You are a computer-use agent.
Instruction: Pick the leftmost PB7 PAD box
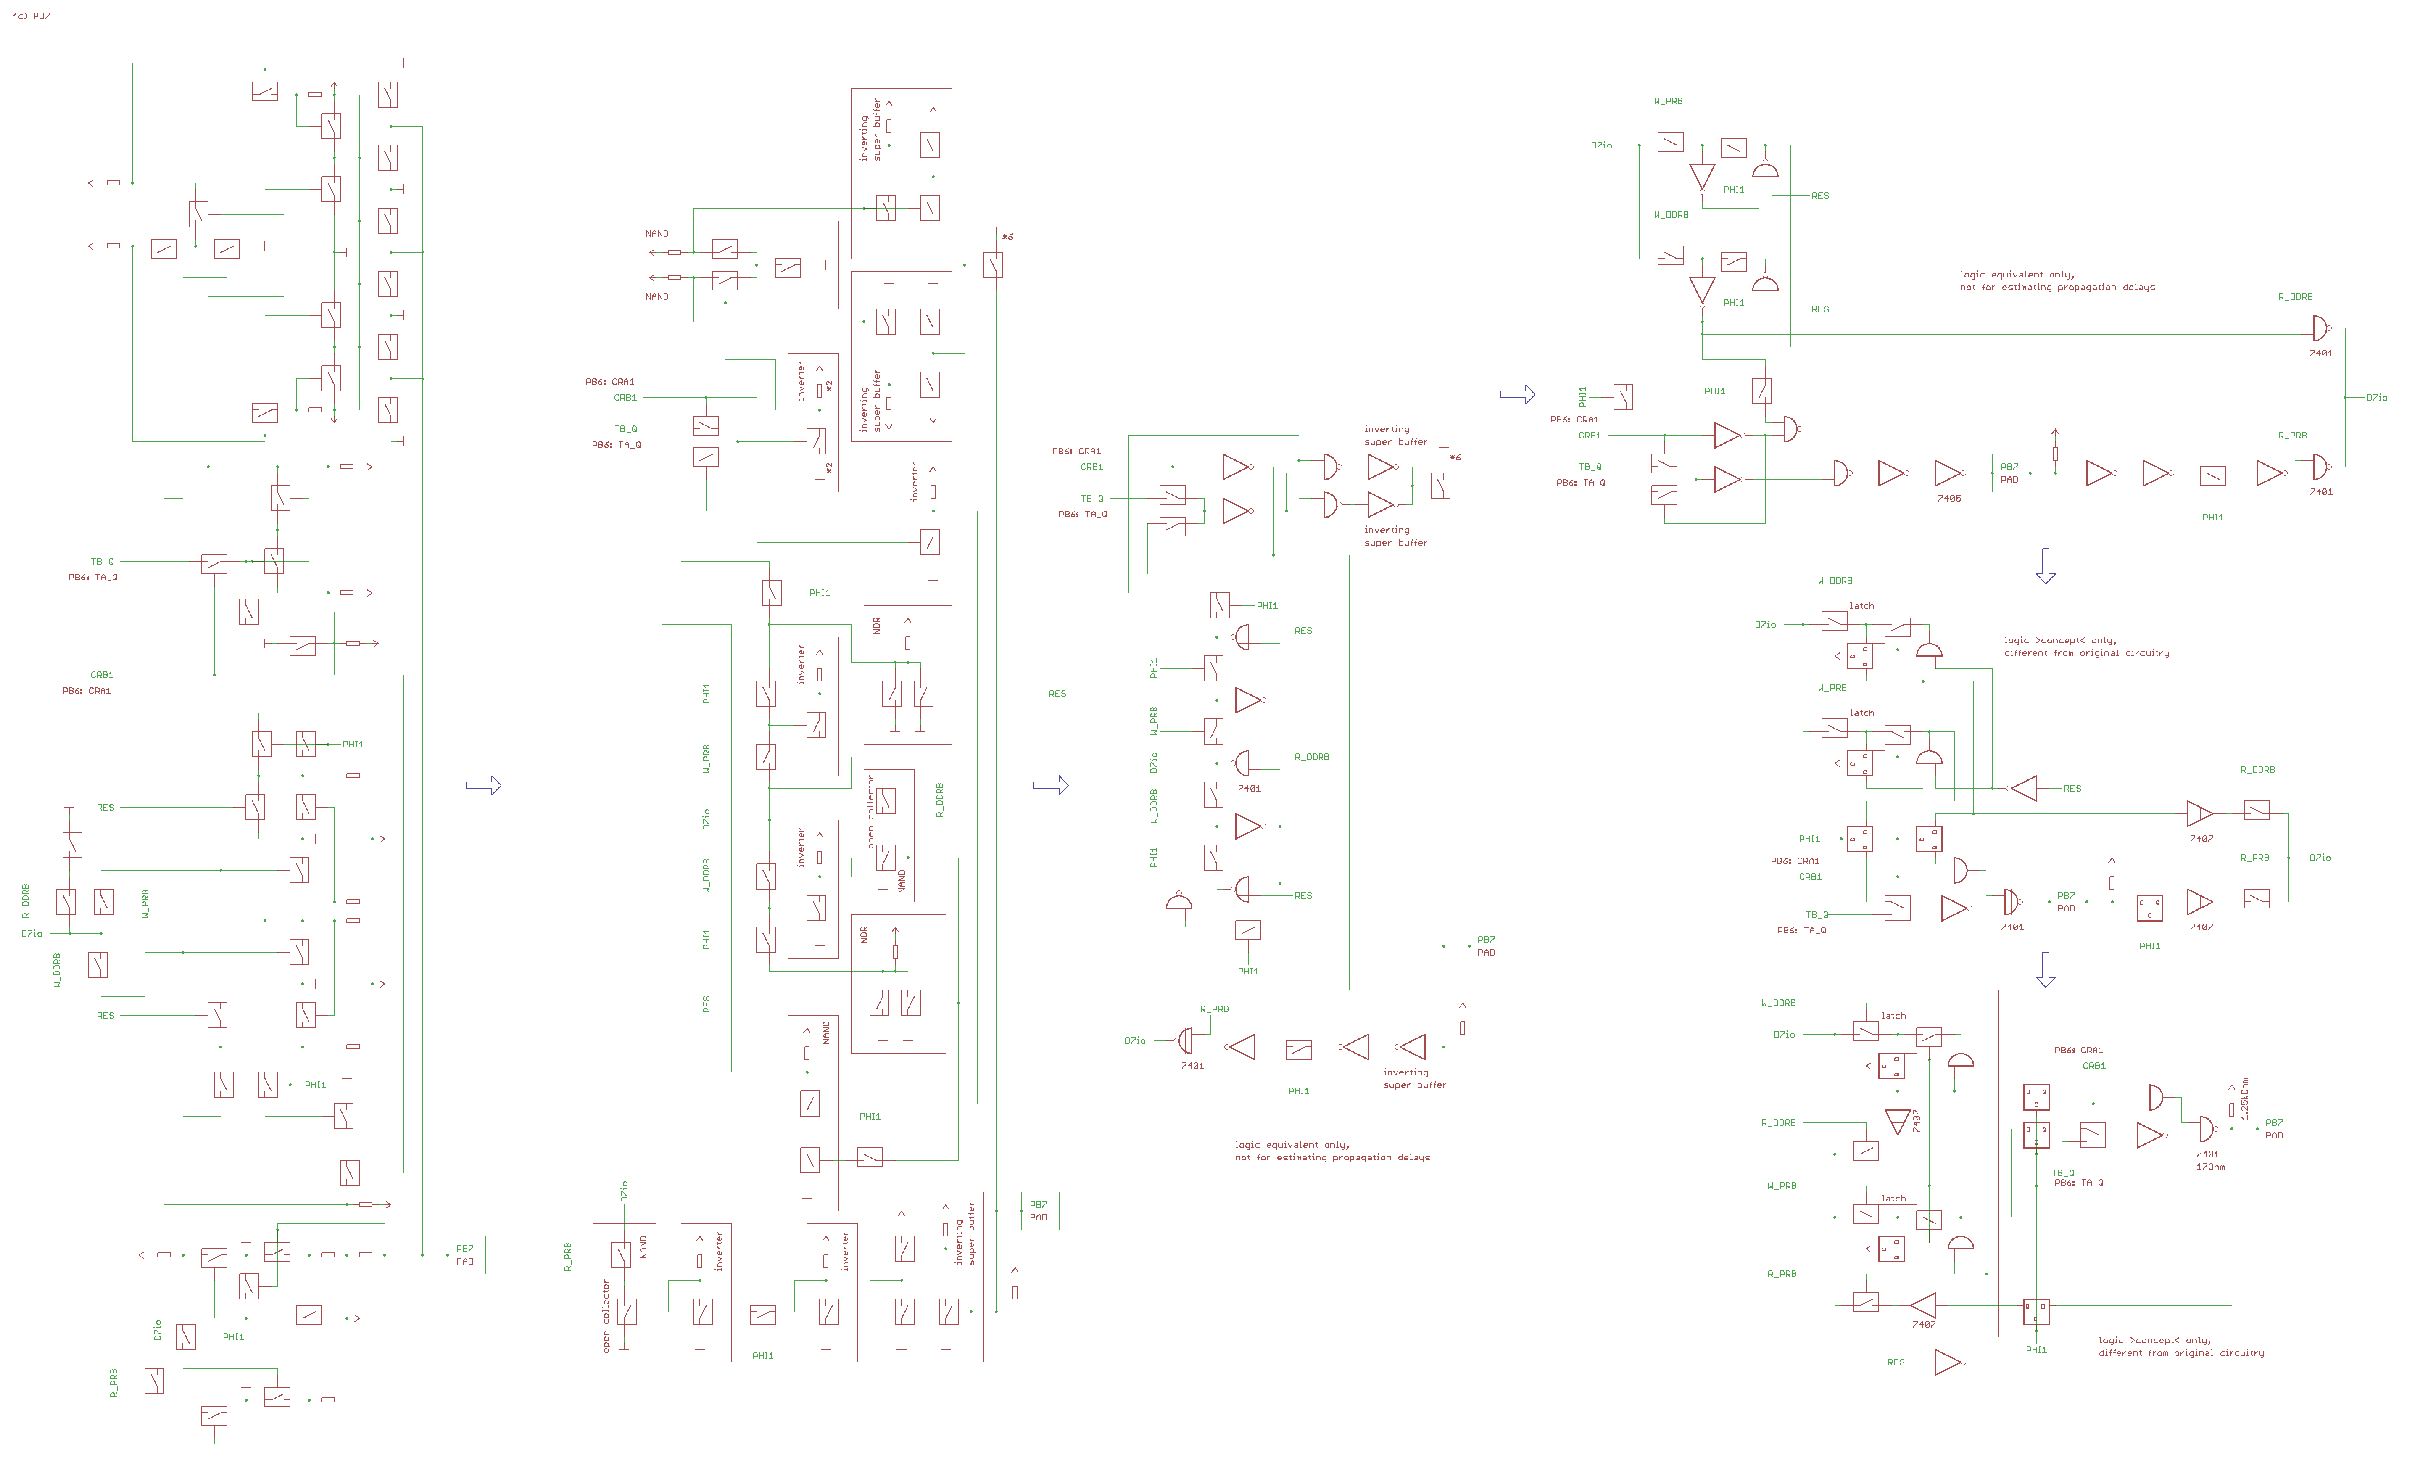tap(466, 1254)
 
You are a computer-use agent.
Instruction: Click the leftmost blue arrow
tap(483, 785)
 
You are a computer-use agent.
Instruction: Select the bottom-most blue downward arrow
tap(2046, 968)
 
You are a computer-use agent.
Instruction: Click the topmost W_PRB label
tap(1668, 101)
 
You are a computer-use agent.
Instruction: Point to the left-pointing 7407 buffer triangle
tap(1923, 1305)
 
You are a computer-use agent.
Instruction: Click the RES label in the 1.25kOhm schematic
tap(1896, 1362)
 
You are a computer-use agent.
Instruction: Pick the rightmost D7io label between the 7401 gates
tap(2377, 398)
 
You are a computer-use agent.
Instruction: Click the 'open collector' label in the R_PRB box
tap(606, 1315)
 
